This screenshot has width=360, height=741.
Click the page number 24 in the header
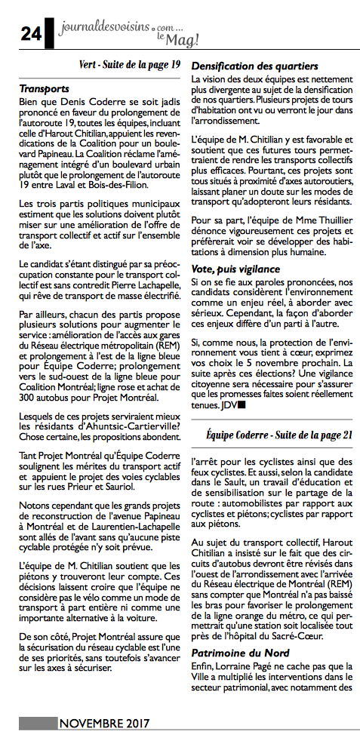pos(30,31)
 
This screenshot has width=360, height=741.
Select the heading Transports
pos(45,88)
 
